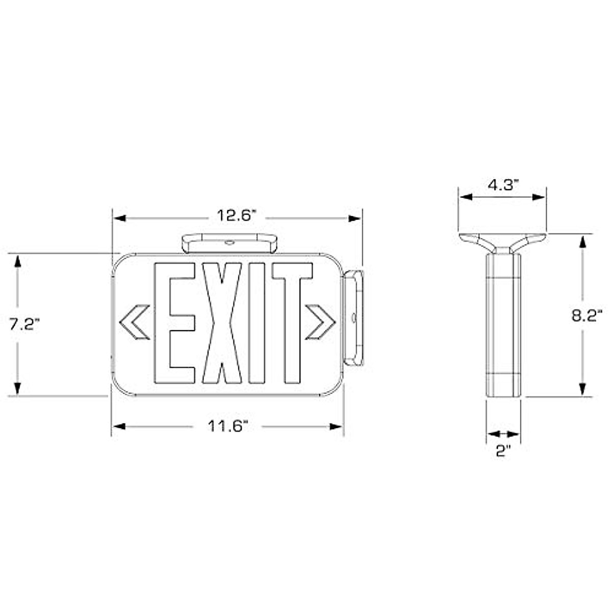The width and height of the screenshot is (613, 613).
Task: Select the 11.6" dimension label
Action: click(227, 426)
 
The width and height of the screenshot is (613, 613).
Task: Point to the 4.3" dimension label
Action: click(503, 185)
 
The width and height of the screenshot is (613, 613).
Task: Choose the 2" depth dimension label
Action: click(503, 451)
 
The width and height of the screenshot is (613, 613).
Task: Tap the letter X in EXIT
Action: click(222, 323)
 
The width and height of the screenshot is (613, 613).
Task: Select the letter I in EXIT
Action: click(257, 323)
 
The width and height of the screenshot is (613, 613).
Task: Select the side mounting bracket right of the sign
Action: click(353, 318)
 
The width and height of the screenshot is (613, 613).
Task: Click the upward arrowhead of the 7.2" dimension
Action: click(18, 261)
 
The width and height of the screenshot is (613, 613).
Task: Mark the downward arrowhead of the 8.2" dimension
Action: click(582, 389)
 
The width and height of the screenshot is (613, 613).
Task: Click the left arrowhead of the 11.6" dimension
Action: click(119, 426)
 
